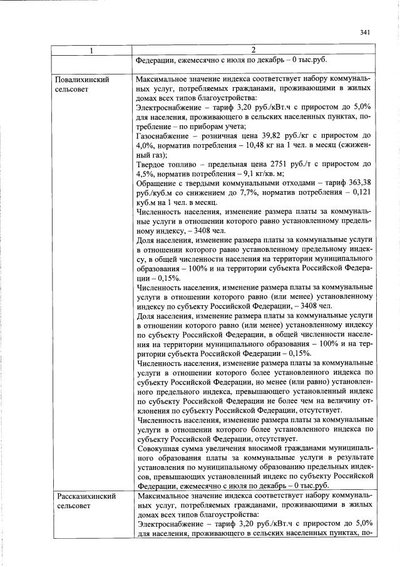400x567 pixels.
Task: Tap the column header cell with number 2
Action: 252,49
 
